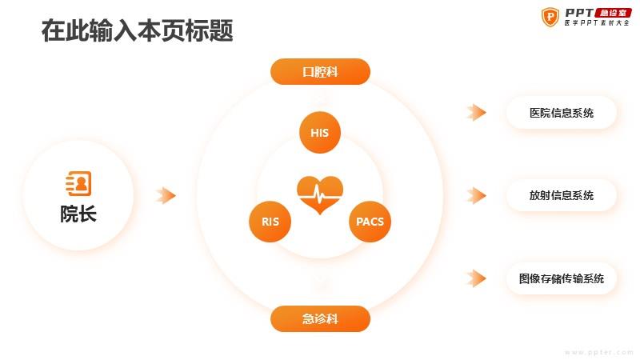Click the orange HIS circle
point(319,132)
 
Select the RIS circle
point(270,222)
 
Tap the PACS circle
point(370,222)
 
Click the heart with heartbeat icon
point(320,194)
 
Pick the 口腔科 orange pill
point(321,72)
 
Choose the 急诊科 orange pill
point(321,318)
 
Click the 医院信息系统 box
point(562,113)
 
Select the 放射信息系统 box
point(562,195)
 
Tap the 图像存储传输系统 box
point(562,278)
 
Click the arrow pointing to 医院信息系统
point(476,112)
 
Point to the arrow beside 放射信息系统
point(476,195)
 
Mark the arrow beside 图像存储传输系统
point(476,278)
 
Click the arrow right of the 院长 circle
point(166,195)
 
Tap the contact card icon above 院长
point(78,184)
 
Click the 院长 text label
point(78,214)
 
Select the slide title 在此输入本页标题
point(137,30)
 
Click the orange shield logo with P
point(550,17)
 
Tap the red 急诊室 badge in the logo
point(613,13)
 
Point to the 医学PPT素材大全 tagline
point(597,23)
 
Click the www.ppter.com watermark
point(599,352)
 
